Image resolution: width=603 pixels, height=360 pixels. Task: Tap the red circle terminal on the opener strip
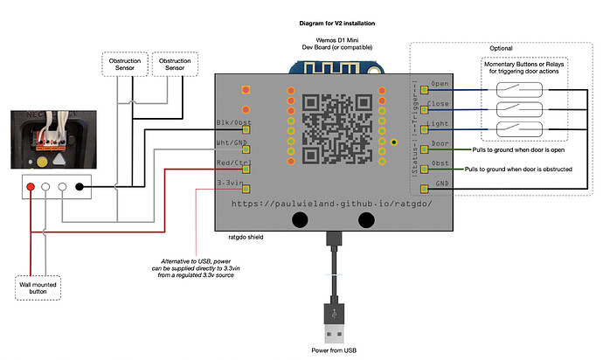[x=31, y=186]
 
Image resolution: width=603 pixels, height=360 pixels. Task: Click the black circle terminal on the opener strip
[x=80, y=186]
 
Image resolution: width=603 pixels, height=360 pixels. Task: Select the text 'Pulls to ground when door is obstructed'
[x=517, y=168]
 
